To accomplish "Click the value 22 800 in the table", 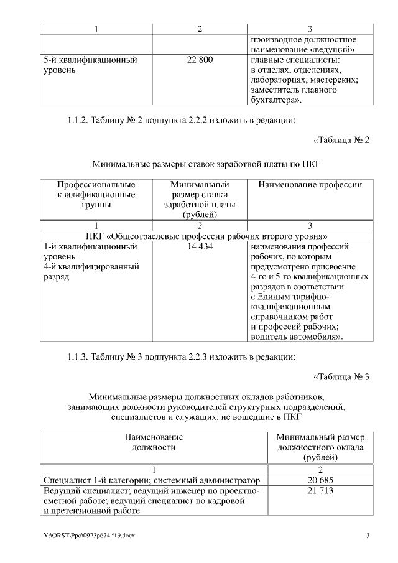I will click(200, 60).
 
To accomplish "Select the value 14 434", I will click(200, 247).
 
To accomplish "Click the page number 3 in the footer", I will click(368, 536).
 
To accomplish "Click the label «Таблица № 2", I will click(341, 140).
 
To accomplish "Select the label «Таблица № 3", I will click(341, 377).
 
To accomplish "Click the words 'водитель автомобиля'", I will click(295, 337).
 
